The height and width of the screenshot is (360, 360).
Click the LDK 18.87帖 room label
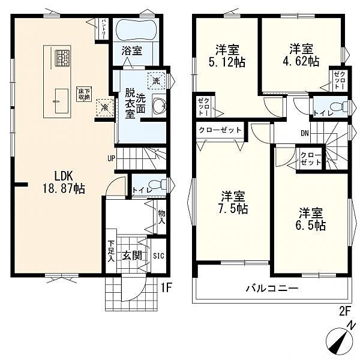tap(64, 183)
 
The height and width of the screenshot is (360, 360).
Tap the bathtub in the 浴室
tap(137, 30)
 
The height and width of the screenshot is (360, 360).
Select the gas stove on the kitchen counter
tap(62, 58)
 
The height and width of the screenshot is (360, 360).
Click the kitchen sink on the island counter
tap(62, 101)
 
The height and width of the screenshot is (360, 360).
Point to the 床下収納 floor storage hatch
tap(84, 94)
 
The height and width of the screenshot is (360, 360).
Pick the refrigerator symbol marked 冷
tap(104, 107)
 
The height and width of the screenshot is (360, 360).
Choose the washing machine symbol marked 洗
tap(156, 80)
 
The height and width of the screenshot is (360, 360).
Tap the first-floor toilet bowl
tap(157, 185)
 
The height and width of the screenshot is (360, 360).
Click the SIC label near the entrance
tap(158, 256)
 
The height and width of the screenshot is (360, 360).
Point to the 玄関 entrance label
tap(132, 256)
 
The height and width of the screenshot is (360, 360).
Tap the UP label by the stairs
tap(111, 158)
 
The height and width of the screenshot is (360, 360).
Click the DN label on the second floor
tap(305, 133)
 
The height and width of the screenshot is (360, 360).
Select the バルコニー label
tap(272, 287)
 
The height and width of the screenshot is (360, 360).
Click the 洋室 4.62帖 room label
tap(301, 55)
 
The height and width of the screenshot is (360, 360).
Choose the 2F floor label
tap(344, 311)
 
